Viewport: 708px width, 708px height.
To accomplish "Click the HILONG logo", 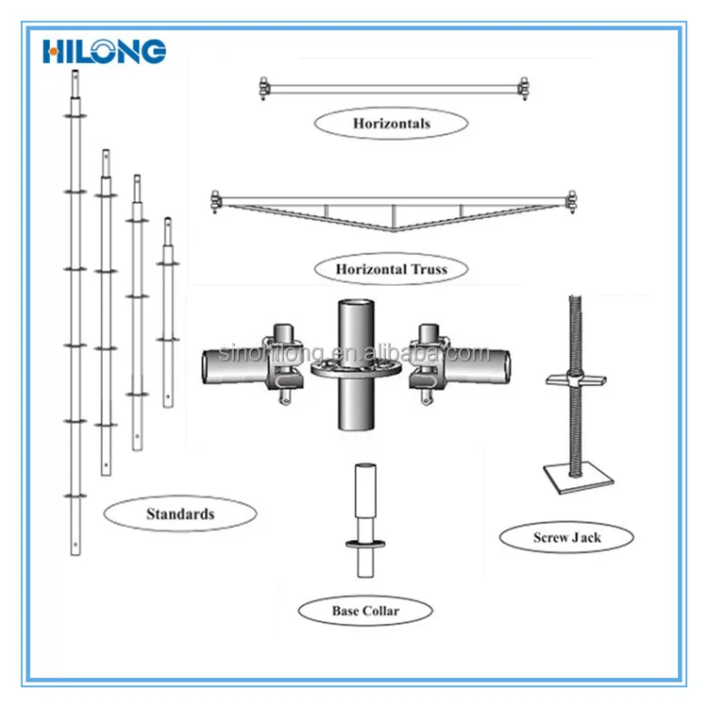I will [104, 51].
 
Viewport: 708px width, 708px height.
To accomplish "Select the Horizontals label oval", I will [392, 124].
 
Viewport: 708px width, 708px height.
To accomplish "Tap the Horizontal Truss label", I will [391, 269].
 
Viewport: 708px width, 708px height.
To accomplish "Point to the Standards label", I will [180, 514].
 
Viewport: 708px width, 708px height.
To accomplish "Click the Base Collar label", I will [365, 611].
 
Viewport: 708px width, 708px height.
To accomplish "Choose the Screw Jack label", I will [566, 537].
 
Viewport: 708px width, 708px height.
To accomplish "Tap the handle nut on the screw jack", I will [572, 379].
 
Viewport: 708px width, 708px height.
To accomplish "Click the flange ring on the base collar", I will [364, 544].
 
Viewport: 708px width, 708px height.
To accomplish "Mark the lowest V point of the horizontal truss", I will [393, 232].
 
